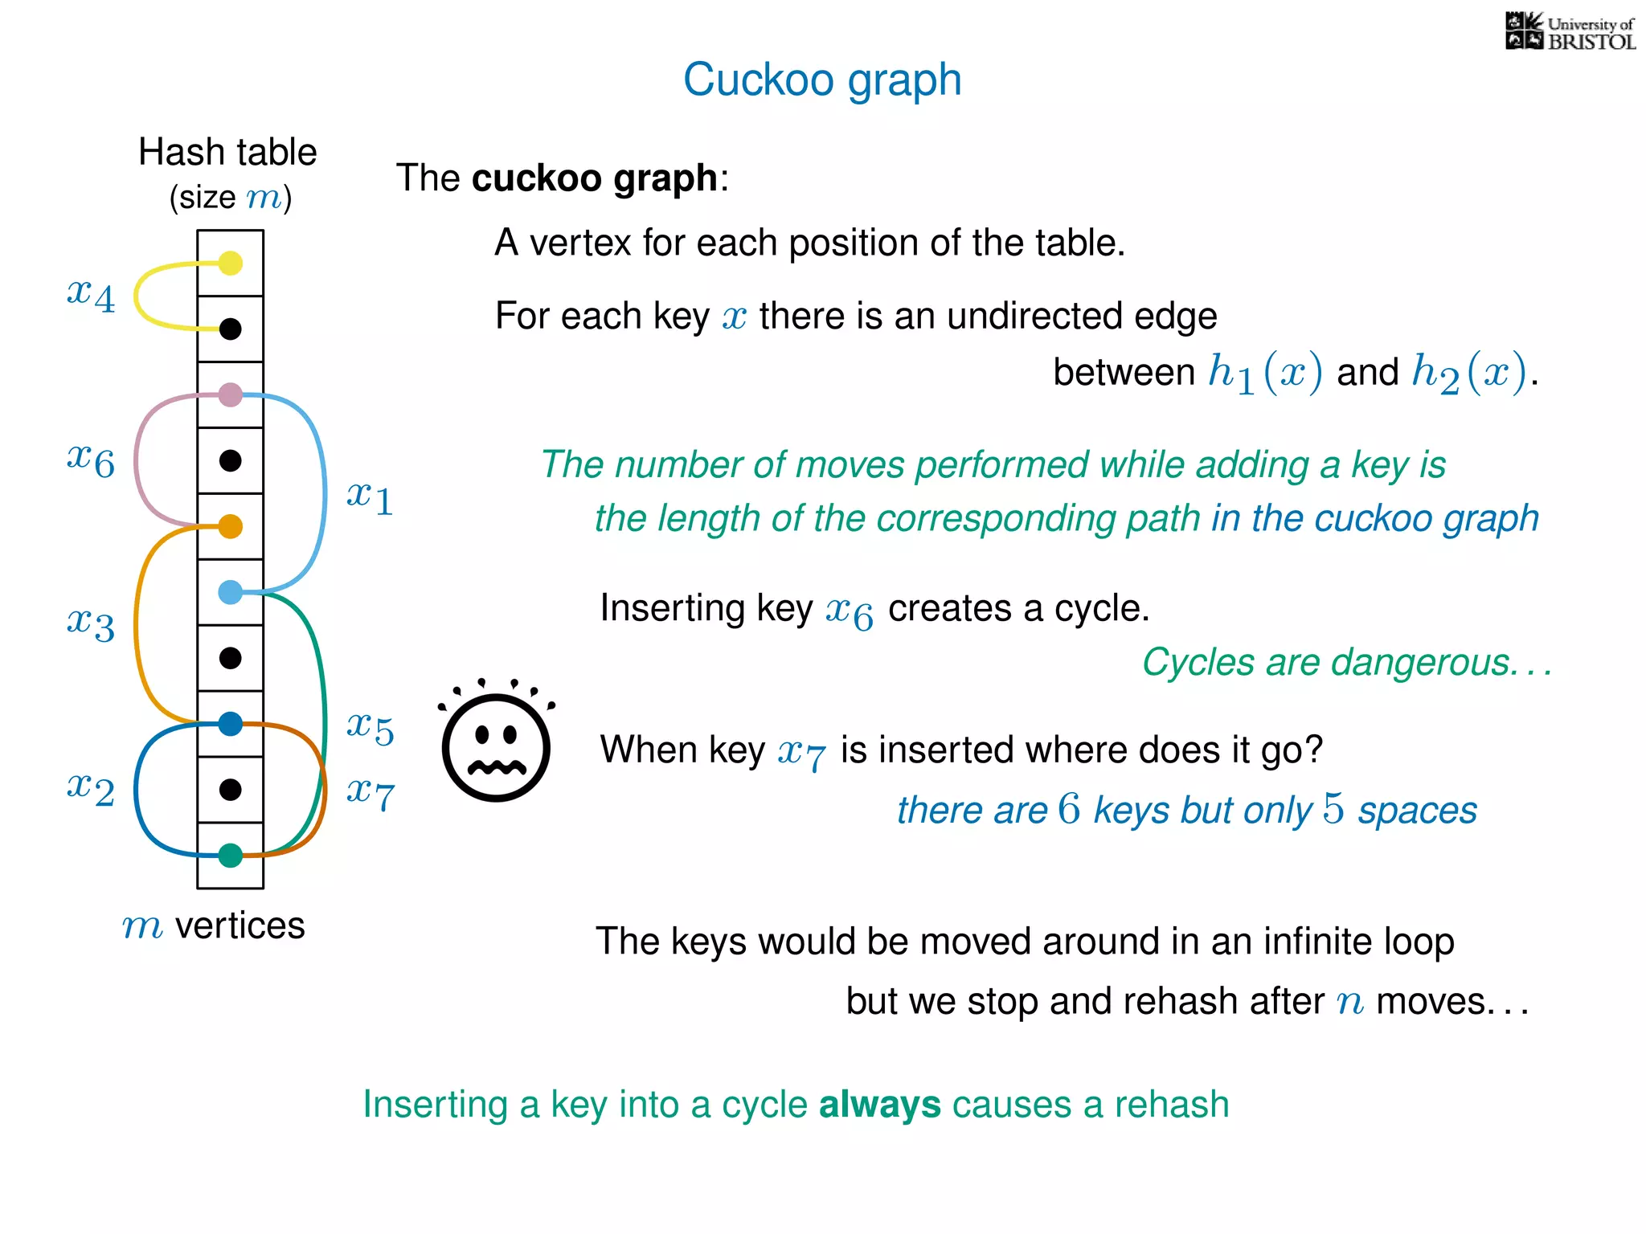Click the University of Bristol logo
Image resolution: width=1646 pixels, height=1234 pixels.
tap(1570, 32)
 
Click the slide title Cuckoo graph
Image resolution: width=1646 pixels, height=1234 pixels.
tap(822, 80)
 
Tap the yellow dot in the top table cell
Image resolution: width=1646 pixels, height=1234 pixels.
tap(231, 263)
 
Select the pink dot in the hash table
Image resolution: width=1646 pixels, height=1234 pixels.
tap(231, 394)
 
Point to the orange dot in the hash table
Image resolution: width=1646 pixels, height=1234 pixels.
tap(231, 526)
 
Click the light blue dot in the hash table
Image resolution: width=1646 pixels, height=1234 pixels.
tap(231, 592)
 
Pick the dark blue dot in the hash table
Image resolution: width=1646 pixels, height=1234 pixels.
tap(231, 724)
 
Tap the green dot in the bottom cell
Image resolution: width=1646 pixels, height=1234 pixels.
tap(231, 856)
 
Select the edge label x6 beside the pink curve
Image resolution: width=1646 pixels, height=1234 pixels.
tap(91, 460)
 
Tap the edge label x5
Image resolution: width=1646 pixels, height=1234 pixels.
tap(370, 728)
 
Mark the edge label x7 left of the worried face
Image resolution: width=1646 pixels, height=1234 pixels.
tap(370, 794)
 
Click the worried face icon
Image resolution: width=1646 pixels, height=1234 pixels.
tap(496, 744)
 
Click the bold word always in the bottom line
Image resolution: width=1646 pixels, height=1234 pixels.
tap(879, 1105)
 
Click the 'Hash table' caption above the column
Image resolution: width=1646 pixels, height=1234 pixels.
tap(227, 152)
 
